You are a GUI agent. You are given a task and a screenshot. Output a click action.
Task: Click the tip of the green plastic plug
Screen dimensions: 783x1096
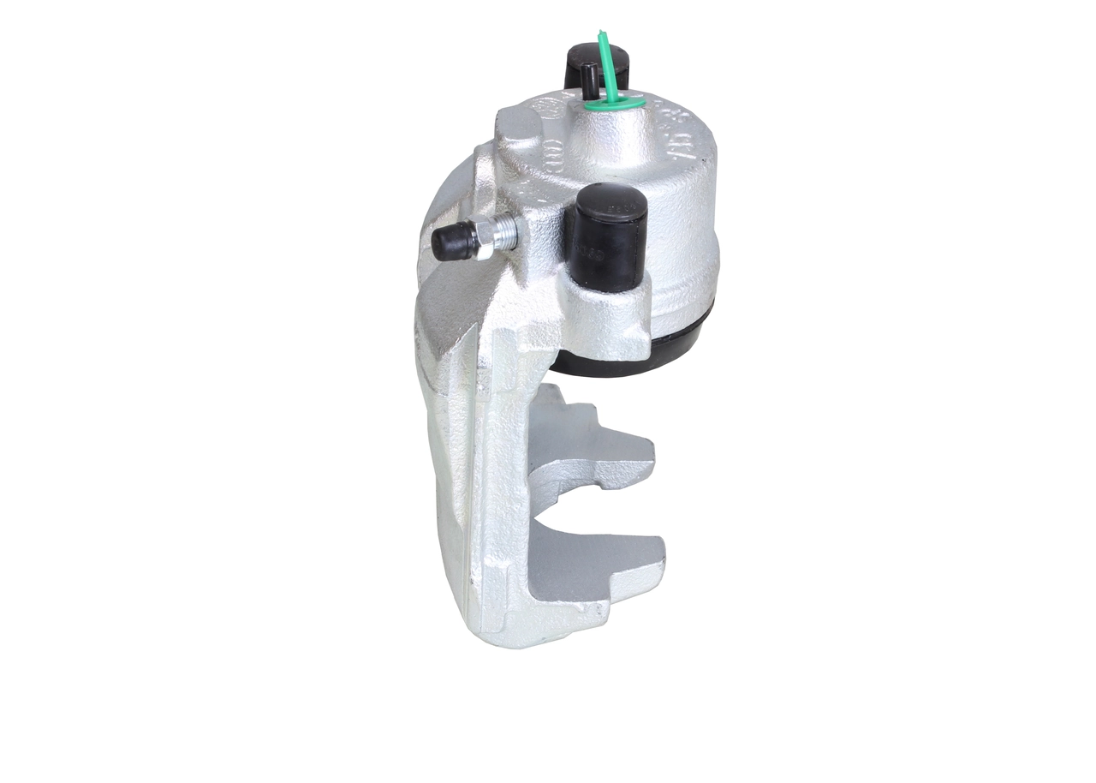click(600, 34)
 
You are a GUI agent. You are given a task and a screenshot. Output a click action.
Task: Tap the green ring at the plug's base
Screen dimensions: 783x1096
click(629, 104)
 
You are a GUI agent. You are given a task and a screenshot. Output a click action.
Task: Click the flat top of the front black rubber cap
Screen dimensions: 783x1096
click(610, 202)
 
